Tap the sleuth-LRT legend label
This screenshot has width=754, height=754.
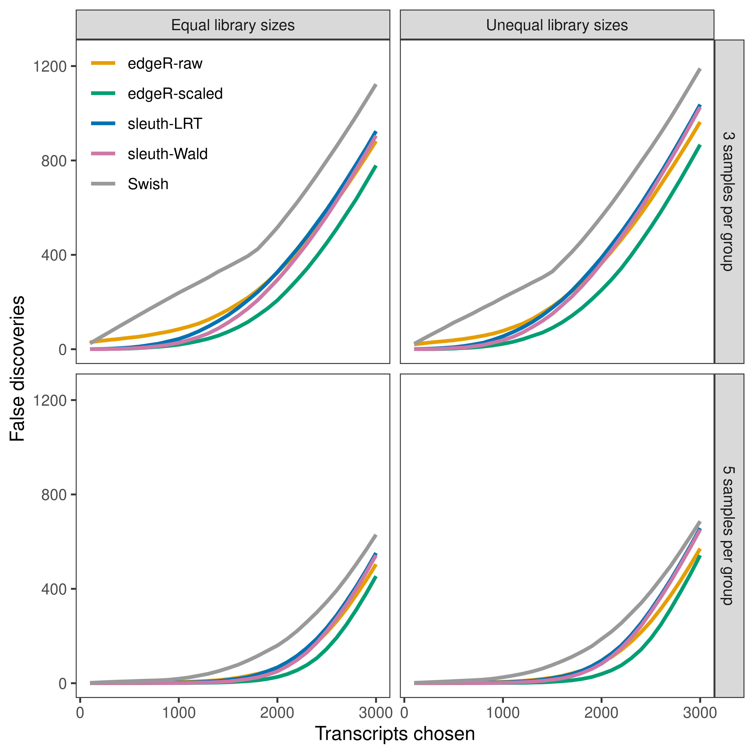[165, 124]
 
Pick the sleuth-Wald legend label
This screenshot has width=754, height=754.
[167, 154]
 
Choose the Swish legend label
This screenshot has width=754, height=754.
[148, 184]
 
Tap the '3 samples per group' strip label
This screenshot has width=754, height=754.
[729, 201]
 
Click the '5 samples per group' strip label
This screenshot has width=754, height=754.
[729, 536]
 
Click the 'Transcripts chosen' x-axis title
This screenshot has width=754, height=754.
[395, 734]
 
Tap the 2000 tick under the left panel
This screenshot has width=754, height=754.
[277, 713]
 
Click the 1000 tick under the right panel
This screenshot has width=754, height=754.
[503, 713]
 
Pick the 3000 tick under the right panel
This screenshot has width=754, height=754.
[700, 713]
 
